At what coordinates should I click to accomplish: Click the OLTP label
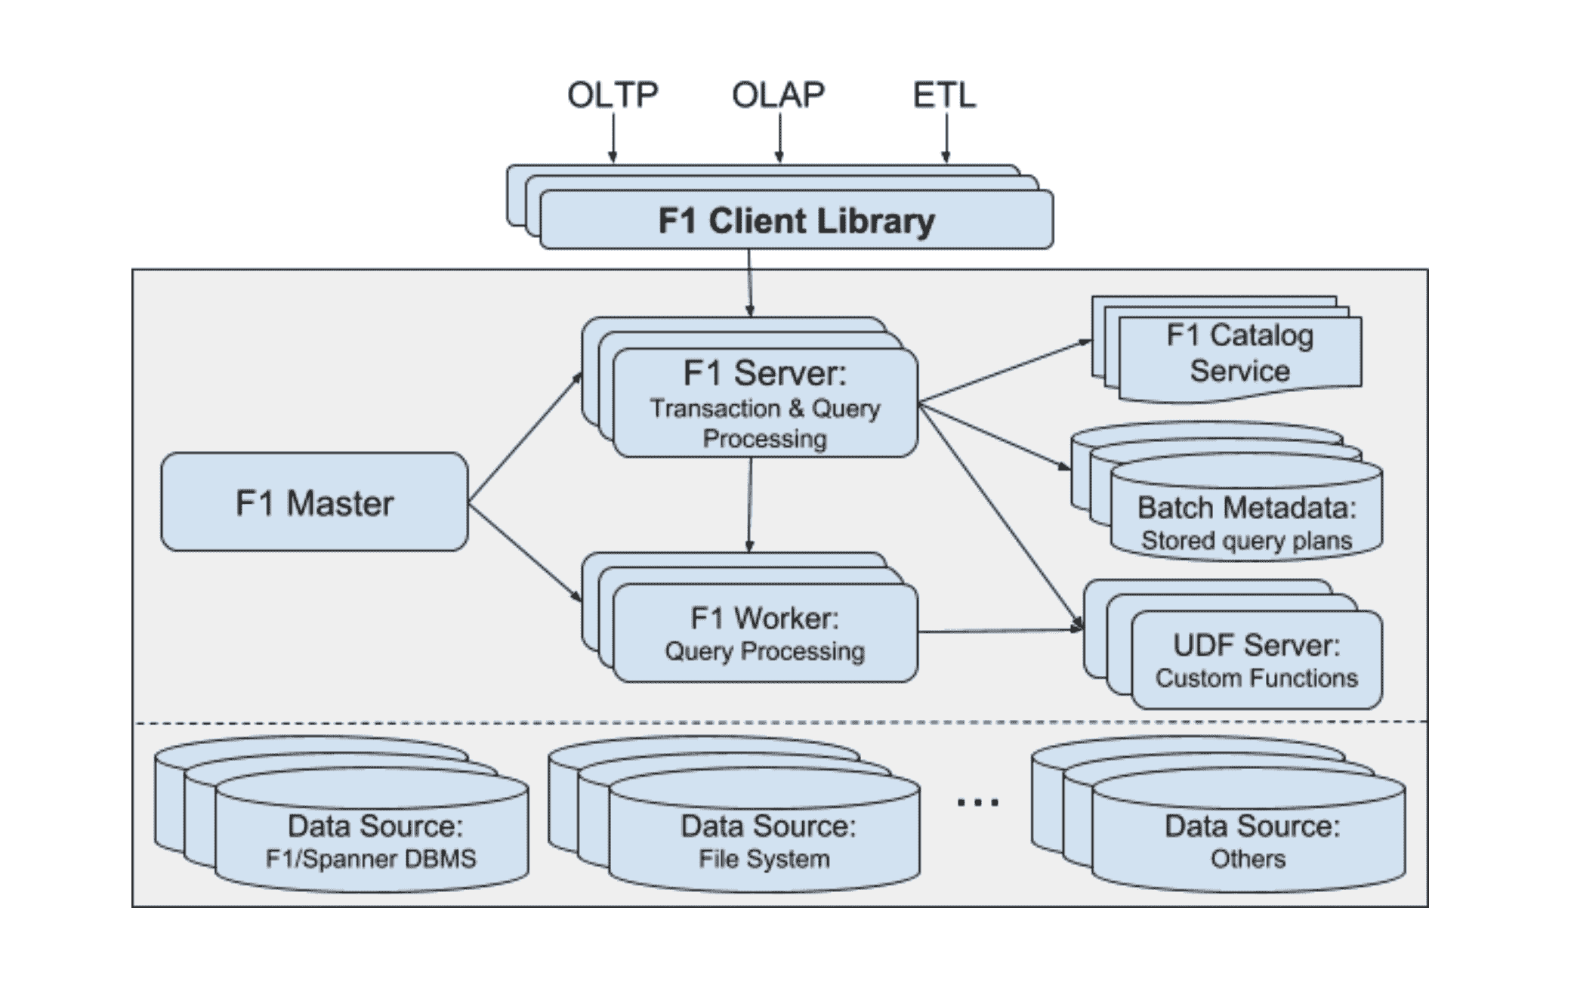point(613,95)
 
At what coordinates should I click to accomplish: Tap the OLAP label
point(778,95)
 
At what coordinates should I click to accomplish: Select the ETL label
point(945,95)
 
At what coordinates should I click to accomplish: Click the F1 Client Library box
point(796,220)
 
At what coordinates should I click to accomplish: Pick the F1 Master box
point(314,502)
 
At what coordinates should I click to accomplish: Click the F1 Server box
point(765,403)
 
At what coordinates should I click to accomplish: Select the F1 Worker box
point(765,633)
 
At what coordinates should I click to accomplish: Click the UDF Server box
point(1257,659)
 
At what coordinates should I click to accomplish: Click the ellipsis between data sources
point(977,803)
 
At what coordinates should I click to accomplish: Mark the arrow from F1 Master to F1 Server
point(526,437)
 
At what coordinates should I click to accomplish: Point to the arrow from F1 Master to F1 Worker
point(526,552)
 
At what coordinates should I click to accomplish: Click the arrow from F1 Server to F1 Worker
point(750,505)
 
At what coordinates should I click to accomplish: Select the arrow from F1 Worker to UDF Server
point(1001,630)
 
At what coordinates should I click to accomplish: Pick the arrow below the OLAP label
point(779,137)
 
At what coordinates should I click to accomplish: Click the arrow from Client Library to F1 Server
point(749,283)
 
